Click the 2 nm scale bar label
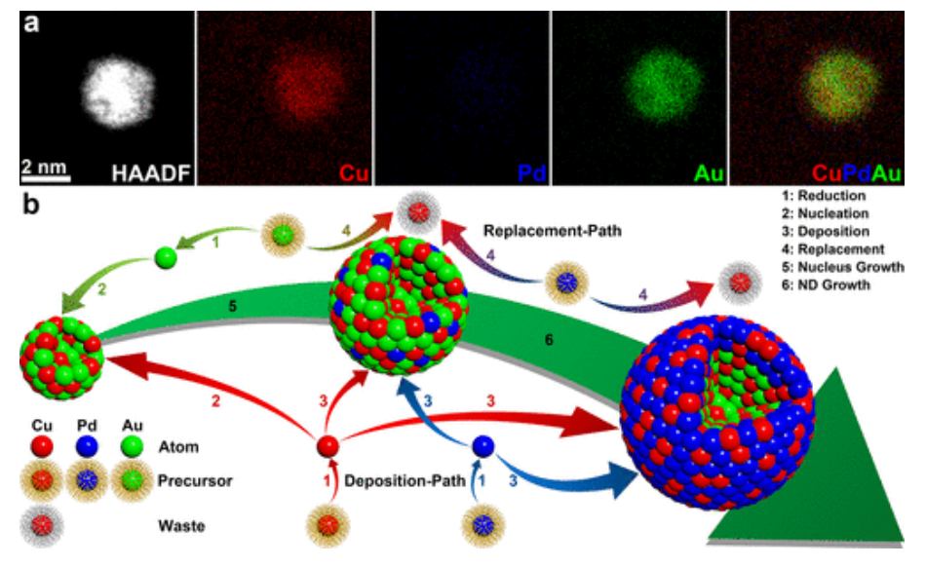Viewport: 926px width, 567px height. (x=46, y=166)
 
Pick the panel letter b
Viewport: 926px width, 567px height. (x=32, y=206)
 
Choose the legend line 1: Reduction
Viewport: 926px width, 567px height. (x=818, y=196)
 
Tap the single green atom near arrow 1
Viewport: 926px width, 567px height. (x=168, y=260)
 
